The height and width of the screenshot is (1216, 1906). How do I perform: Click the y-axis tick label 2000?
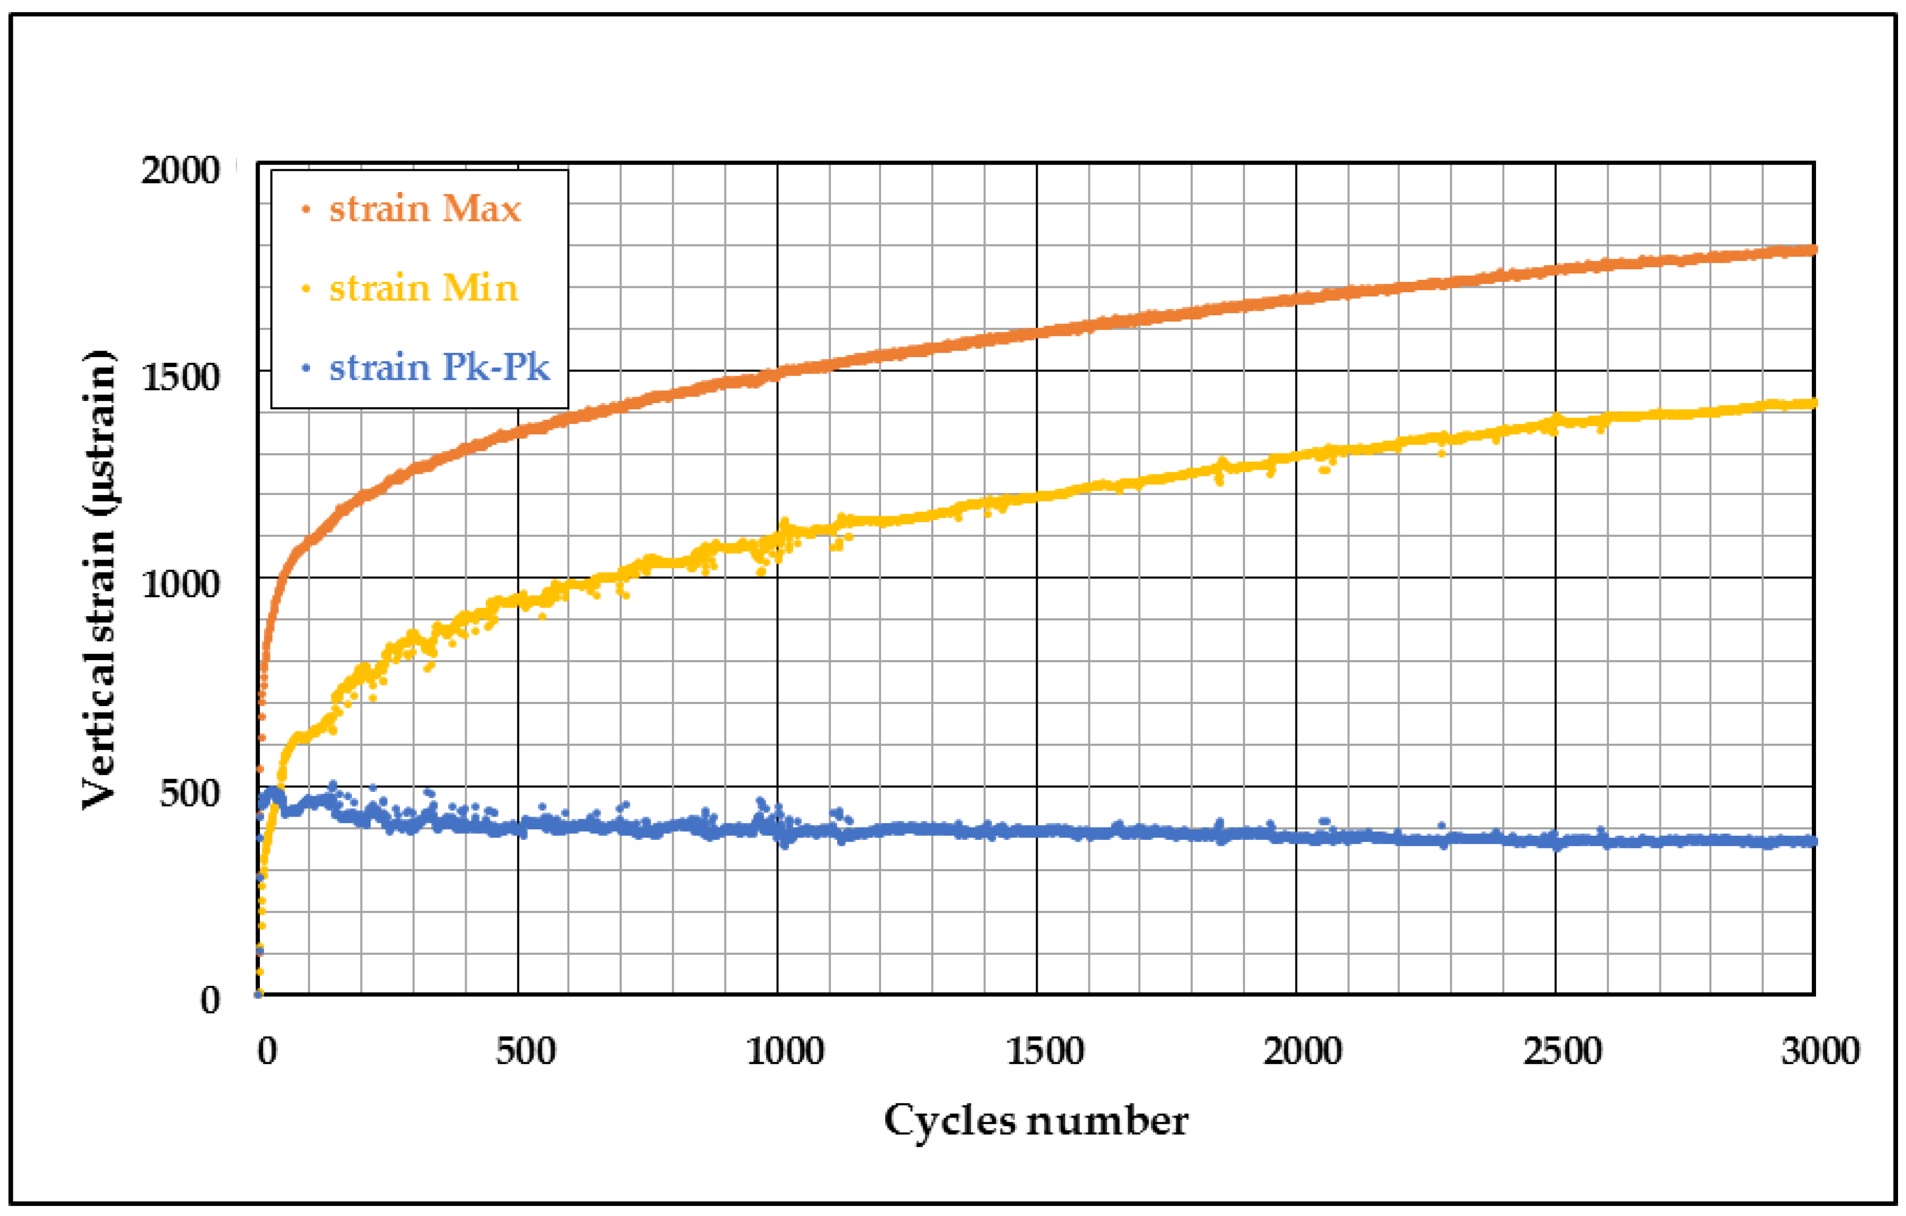(180, 170)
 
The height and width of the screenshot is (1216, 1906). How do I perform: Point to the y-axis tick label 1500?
(180, 377)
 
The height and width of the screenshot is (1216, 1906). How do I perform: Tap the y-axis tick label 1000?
(180, 584)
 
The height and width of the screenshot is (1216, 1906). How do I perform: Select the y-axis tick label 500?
(189, 793)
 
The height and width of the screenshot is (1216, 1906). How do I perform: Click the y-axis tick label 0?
(210, 1000)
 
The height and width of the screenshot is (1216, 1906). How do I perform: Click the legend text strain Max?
(425, 209)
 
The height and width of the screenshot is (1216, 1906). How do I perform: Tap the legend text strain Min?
(423, 288)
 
